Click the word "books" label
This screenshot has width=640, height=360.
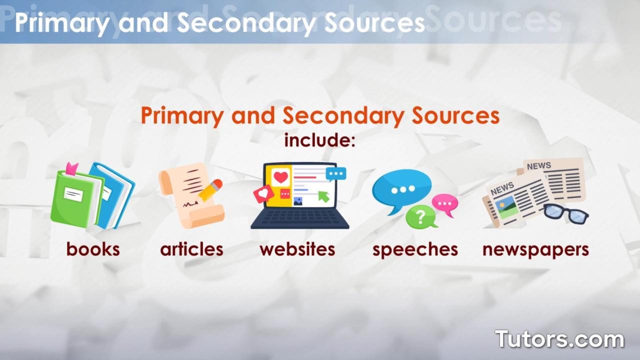click(x=93, y=249)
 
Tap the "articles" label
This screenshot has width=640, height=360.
click(x=191, y=249)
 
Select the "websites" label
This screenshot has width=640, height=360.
click(x=297, y=249)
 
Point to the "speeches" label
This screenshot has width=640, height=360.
click(x=415, y=249)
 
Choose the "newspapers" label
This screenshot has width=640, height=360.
click(x=535, y=249)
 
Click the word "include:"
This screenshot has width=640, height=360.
click(x=319, y=140)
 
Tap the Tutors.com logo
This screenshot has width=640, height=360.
click(x=559, y=339)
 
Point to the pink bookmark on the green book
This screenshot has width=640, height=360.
click(x=71, y=168)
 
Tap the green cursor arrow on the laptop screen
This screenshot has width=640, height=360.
click(x=323, y=196)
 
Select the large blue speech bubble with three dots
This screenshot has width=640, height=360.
click(x=401, y=189)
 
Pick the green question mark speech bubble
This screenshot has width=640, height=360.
click(x=420, y=217)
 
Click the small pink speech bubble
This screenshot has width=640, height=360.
click(x=444, y=203)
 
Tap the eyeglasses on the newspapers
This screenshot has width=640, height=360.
click(x=565, y=212)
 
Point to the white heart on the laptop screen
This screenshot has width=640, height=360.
click(x=281, y=177)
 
